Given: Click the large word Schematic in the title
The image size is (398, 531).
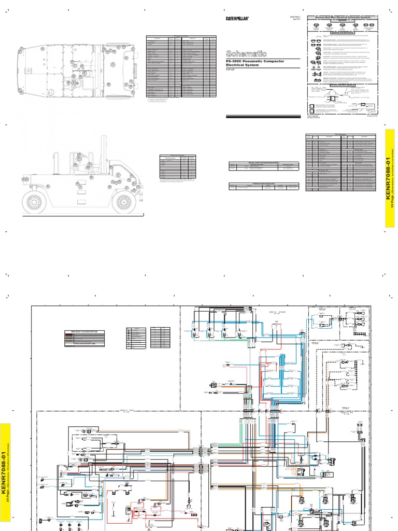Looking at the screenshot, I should [x=246, y=53].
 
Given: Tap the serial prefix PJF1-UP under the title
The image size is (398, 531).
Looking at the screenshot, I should [x=231, y=71].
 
